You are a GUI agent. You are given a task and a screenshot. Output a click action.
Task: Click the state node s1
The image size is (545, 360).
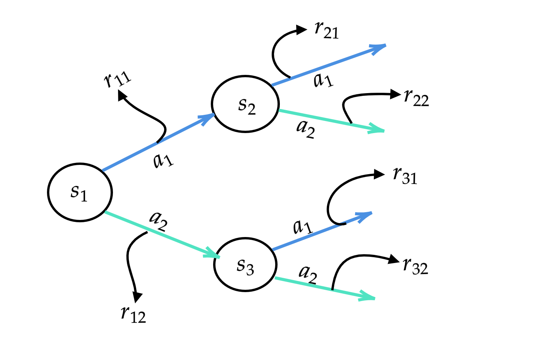coord(80,192)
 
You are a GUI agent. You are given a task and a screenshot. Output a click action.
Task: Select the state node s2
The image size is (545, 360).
coord(245,104)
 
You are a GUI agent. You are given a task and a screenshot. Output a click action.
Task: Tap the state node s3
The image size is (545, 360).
coord(245,265)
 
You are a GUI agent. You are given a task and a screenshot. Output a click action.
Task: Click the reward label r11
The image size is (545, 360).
coord(118,80)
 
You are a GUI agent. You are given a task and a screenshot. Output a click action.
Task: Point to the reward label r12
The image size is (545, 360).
coord(133,314)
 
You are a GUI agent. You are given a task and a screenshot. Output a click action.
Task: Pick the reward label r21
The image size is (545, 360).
coord(326,30)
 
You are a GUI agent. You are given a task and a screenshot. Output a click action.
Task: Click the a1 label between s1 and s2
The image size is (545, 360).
coord(163,160)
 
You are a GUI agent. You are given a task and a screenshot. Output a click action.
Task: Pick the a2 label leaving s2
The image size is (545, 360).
coord(305,128)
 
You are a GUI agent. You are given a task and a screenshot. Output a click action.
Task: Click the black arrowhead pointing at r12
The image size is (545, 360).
coord(137,297)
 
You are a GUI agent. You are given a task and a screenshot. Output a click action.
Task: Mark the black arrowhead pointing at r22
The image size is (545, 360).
coord(396,94)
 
